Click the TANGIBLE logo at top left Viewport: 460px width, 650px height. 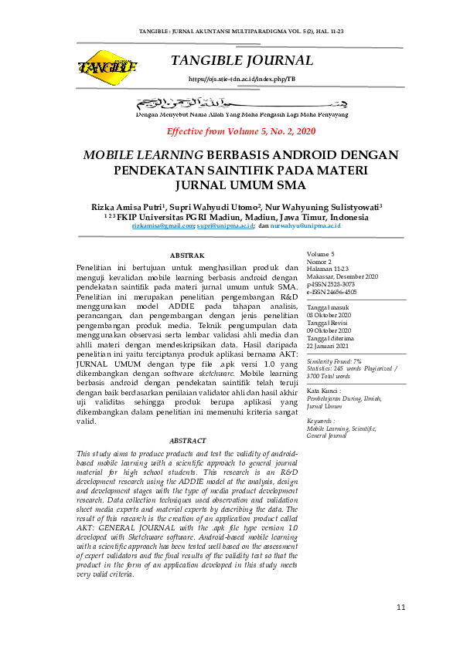coord(107,66)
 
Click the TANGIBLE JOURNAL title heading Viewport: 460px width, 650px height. coord(241,61)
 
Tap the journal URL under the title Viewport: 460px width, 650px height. coord(241,79)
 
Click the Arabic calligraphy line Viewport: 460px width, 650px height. coord(241,102)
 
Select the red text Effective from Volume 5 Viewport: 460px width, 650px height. coord(241,131)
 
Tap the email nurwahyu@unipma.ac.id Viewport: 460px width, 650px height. coord(305,225)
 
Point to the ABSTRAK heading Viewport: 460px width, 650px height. coord(186,255)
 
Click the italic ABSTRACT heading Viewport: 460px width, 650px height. coord(187,440)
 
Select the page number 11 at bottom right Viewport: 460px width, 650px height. coord(400,608)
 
